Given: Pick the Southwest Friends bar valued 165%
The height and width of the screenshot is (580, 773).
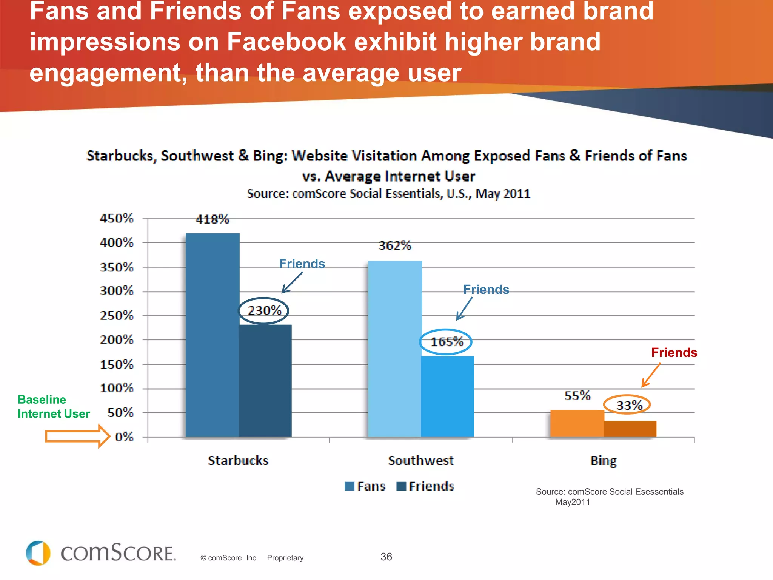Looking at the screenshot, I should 447,396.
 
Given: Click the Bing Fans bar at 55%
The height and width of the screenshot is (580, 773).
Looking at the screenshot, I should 577,423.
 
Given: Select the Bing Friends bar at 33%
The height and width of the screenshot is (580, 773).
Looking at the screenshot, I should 630,429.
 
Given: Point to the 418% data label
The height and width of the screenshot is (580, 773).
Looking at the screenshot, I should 212,219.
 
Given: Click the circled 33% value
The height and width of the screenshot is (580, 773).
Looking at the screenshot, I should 629,405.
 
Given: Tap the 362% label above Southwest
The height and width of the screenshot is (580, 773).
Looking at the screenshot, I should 395,246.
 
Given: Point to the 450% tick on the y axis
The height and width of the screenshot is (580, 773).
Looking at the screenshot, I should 117,218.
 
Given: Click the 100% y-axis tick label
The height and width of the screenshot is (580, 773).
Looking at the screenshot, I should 117,388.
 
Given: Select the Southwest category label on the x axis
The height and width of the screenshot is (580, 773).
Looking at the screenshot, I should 420,461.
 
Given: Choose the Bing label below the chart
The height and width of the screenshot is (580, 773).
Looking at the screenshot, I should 603,461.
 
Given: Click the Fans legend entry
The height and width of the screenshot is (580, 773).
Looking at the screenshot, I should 365,486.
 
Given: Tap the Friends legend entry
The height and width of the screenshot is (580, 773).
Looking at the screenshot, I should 425,486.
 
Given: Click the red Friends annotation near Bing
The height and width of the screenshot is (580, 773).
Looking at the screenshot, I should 674,353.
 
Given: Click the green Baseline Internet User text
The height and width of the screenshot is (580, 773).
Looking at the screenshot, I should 54,407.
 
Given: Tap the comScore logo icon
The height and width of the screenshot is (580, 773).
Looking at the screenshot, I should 38,553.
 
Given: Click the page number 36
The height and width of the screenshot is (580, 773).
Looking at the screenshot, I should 386,557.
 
